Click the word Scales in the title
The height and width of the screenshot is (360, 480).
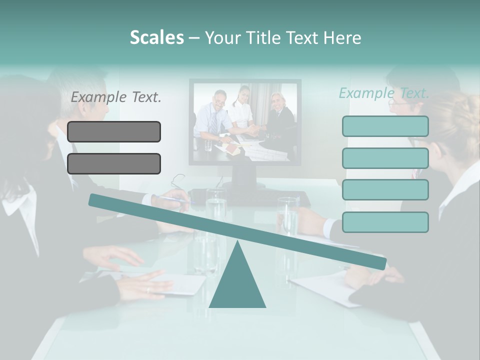pos(156,37)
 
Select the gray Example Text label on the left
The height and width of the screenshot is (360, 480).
pos(116,97)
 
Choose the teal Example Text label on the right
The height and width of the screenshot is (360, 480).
pos(384,93)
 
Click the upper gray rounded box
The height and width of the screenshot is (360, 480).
pos(114,131)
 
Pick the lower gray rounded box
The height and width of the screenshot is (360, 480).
pos(114,163)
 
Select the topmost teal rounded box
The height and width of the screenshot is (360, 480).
pos(385,126)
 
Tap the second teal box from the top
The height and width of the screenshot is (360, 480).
pos(385,158)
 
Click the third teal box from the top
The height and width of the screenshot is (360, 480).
pos(385,190)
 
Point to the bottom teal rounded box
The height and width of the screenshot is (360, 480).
pos(385,222)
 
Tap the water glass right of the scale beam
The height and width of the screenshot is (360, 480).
pos(288,215)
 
